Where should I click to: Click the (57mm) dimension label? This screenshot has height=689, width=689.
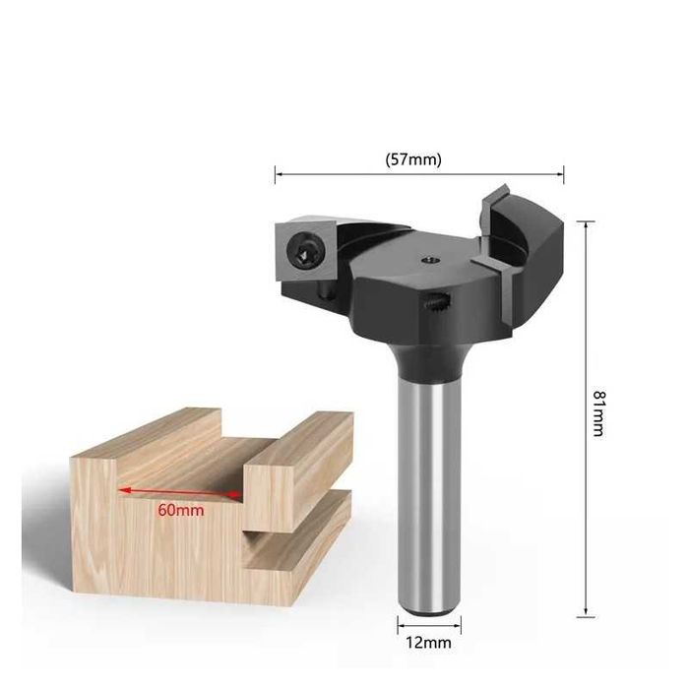click(413, 159)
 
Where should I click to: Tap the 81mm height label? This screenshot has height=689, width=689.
click(598, 413)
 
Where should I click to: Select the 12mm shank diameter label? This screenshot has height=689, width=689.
click(428, 643)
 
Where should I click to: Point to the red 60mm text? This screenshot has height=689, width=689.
click(181, 510)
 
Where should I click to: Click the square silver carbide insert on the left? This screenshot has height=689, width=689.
click(305, 249)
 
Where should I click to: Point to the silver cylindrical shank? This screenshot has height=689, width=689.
click(429, 494)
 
